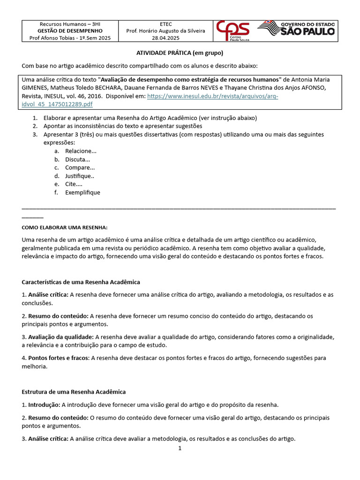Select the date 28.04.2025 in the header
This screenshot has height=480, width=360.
click(x=165, y=38)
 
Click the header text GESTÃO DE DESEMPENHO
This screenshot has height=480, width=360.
click(x=70, y=30)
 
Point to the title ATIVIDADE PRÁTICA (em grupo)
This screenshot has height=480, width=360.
click(x=180, y=53)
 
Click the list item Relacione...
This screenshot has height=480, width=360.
click(x=81, y=151)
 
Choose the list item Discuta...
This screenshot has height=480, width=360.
click(x=77, y=159)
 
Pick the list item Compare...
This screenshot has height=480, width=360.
click(x=80, y=167)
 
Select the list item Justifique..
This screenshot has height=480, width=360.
click(x=80, y=176)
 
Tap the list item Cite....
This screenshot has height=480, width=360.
click(x=74, y=184)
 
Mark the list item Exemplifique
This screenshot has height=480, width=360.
click(x=82, y=192)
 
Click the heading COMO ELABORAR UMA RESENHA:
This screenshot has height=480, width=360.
click(x=65, y=228)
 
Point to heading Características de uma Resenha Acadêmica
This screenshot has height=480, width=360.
click(x=81, y=282)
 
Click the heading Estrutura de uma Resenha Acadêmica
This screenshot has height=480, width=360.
click(x=74, y=391)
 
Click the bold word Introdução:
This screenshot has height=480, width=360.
click(x=44, y=405)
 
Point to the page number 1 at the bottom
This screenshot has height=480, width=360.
click(x=180, y=448)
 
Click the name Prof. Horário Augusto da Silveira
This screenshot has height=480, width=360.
click(x=165, y=30)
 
